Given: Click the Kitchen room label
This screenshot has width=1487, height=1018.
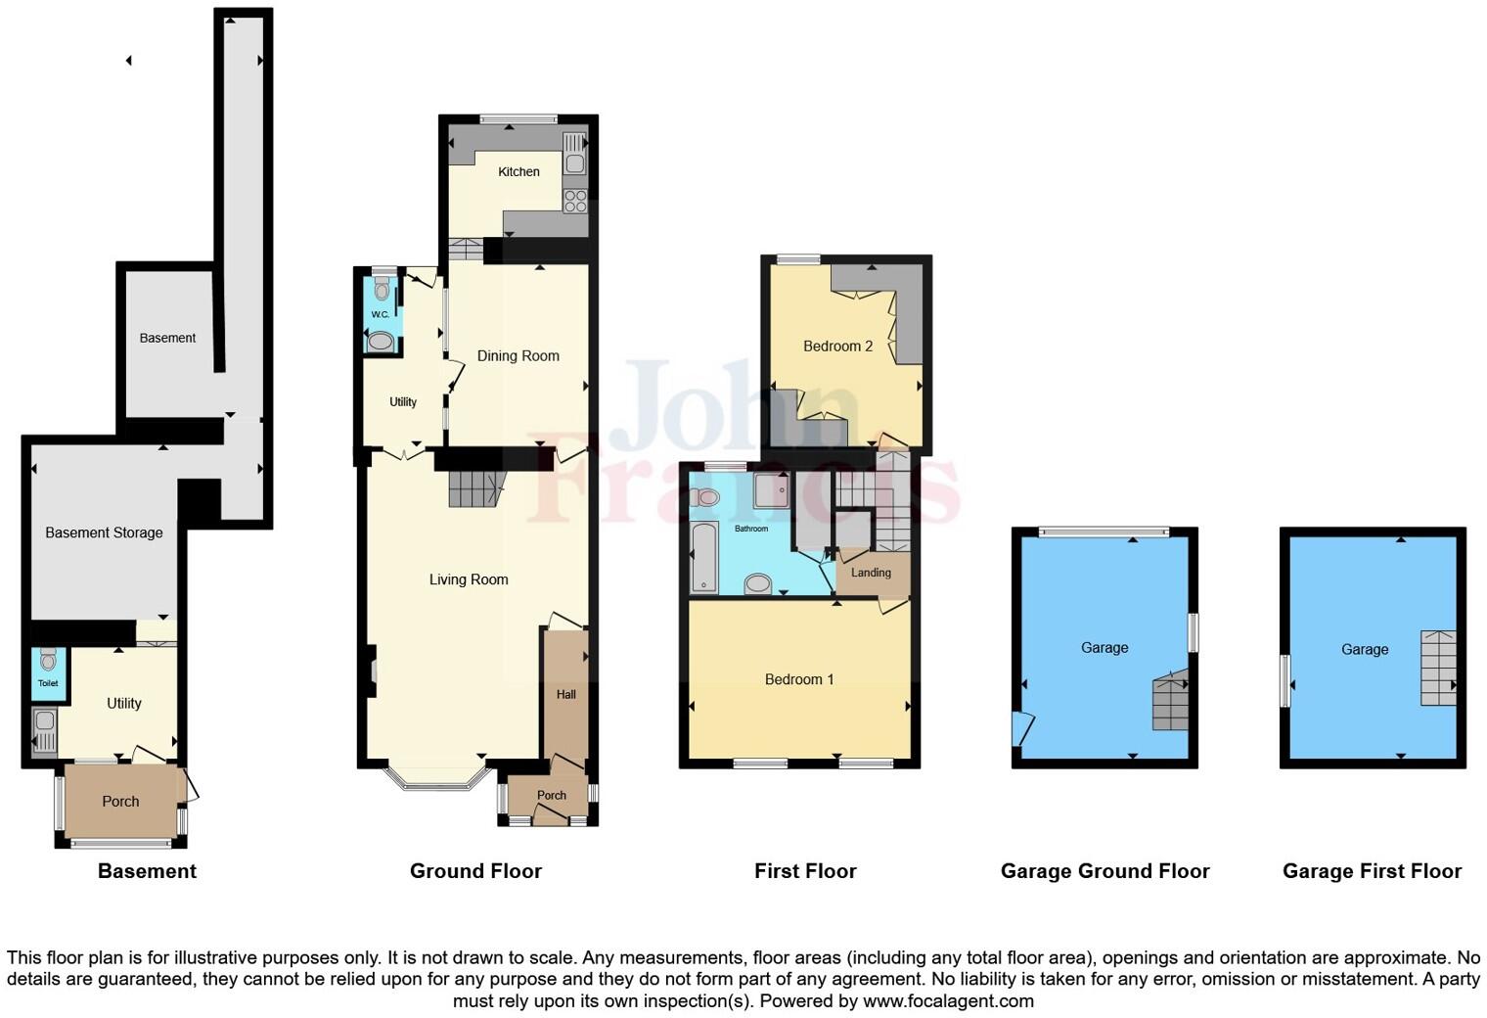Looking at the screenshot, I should [x=518, y=171].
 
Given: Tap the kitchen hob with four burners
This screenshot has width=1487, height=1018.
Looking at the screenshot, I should [x=575, y=201].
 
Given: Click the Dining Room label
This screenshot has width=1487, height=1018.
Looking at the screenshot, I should [x=518, y=356].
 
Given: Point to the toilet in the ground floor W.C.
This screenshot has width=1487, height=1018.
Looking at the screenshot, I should [x=382, y=290].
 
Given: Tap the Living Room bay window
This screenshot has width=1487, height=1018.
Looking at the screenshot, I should [x=436, y=779].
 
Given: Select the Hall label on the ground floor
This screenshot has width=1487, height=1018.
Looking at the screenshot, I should [x=566, y=694].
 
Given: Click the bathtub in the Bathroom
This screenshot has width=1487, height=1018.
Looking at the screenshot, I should [x=703, y=558].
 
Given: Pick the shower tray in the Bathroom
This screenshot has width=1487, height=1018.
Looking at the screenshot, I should [x=771, y=490].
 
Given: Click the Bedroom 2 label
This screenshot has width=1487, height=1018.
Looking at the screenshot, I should [x=837, y=346].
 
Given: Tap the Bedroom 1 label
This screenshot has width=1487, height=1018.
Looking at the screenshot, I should [x=799, y=679].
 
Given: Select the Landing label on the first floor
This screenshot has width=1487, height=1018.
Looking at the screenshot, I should [x=871, y=573].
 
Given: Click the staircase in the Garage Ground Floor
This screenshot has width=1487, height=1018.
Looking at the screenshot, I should [x=1170, y=702].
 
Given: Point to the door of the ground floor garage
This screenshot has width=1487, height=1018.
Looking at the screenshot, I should [x=1021, y=728].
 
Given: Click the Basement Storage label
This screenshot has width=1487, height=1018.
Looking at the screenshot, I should [x=104, y=532].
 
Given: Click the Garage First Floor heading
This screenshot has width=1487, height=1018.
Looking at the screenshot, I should [x=1372, y=871].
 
